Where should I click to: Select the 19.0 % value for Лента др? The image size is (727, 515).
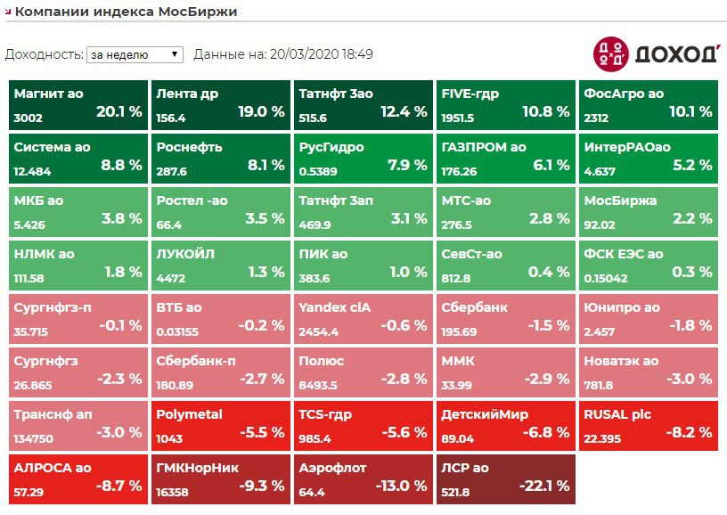[261, 112]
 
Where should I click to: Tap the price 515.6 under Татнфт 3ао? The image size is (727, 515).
[313, 118]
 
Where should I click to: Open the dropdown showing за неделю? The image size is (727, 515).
[135, 54]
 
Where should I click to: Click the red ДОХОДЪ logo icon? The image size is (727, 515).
[610, 54]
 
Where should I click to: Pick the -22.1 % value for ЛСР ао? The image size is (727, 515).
[544, 486]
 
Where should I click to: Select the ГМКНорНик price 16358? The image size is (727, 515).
[171, 492]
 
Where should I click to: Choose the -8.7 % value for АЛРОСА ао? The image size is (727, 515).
[119, 486]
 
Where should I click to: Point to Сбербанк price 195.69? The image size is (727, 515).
[459, 331]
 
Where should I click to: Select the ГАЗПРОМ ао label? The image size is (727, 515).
[484, 147]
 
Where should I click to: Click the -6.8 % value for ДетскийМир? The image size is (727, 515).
[546, 433]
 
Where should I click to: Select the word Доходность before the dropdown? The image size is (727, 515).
[44, 54]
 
